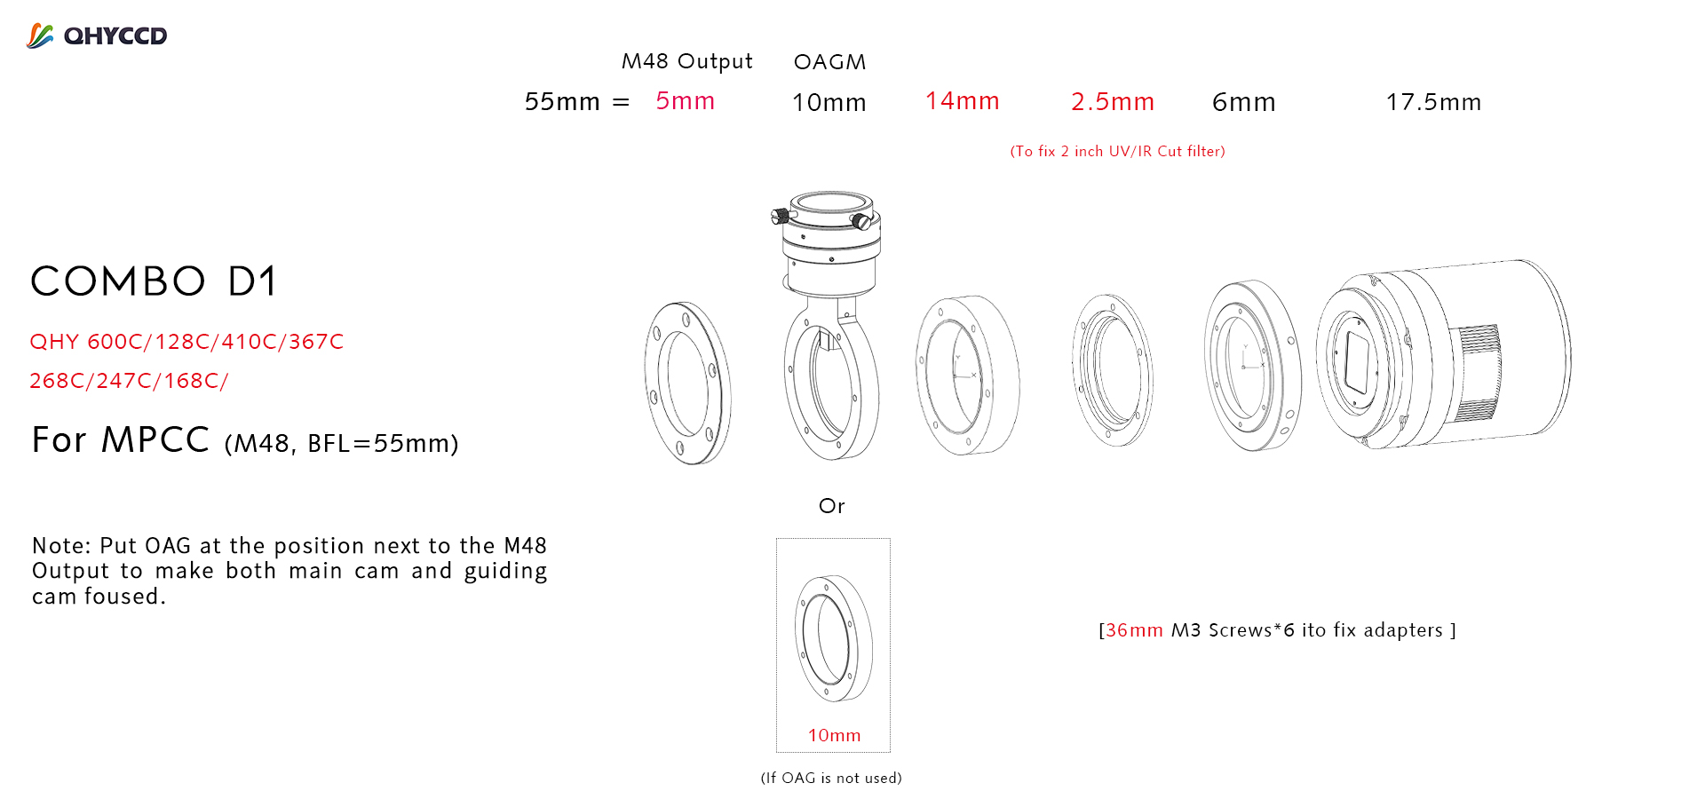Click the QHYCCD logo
97,36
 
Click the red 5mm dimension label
686,101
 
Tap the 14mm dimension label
963,101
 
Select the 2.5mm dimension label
1113,102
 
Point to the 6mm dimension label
1244,103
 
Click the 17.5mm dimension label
1434,103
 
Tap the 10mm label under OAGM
829,103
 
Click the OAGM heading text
829,62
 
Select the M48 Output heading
687,61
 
